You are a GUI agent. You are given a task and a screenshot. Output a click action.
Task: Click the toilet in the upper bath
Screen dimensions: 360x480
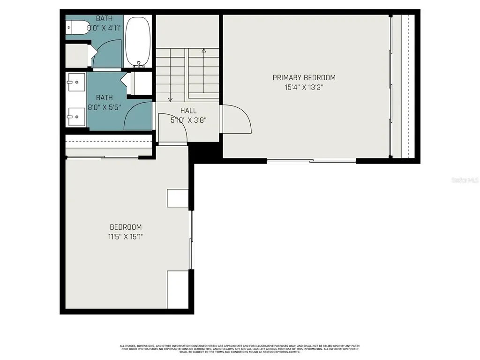coord(77,28)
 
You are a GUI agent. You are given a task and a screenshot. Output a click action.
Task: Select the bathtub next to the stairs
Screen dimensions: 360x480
coord(138,42)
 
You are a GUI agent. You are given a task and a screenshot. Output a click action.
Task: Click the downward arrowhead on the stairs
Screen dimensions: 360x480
coord(170,98)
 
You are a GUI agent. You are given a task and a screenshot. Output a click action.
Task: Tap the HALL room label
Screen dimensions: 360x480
coord(188,111)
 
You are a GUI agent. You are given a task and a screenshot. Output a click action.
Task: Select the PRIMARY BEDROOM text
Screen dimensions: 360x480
coord(304,78)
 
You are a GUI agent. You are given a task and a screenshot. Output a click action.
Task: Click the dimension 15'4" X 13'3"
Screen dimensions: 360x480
coord(304,87)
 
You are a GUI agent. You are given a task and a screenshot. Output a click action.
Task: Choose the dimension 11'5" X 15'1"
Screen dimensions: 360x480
coord(125,237)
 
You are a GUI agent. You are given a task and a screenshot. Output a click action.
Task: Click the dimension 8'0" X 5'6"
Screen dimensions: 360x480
coord(105,107)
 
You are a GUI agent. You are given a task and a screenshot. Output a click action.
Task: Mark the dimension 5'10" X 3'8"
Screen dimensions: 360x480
coord(188,120)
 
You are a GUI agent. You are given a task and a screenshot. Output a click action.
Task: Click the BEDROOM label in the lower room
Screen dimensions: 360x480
coord(125,227)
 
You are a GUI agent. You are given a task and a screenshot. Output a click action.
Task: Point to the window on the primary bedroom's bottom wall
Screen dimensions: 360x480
coord(311,161)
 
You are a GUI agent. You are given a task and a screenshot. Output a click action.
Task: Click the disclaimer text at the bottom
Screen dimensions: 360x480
coord(240,349)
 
